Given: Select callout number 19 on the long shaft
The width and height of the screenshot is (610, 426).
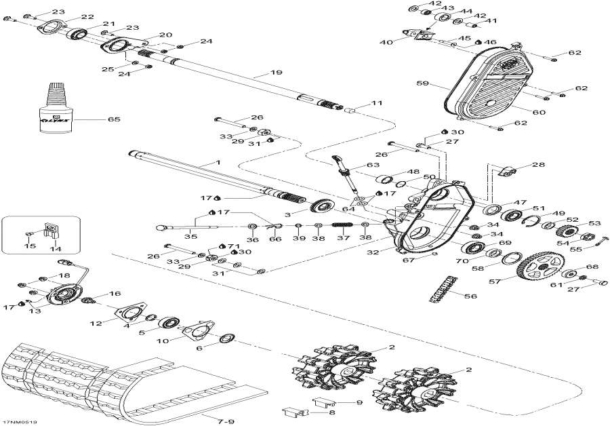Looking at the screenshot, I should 276,73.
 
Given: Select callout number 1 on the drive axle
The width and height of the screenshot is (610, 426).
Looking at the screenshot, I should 218,163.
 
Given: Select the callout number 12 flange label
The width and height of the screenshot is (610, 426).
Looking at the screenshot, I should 97,324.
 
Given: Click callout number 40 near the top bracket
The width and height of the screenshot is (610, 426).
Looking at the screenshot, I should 386,42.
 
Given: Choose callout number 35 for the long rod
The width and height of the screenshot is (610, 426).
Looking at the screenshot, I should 192,237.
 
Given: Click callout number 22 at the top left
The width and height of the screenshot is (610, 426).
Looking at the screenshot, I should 87,17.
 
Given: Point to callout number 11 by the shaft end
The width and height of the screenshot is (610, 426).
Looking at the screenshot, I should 377,104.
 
